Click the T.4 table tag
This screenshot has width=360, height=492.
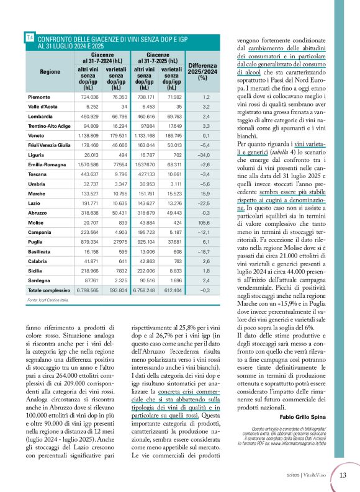[30, 38]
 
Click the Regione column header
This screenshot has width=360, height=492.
[50, 72]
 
